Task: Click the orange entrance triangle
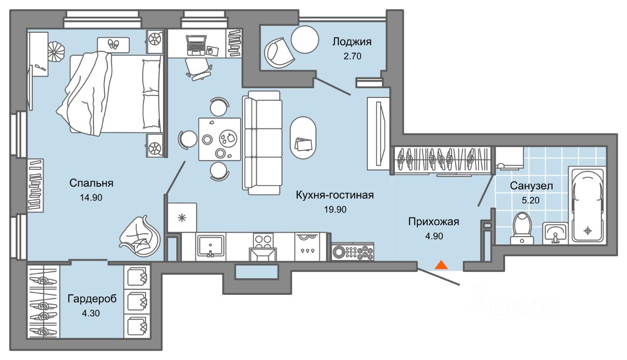441,265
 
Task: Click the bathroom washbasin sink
555,233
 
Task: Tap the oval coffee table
303,138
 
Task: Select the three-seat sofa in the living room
263,143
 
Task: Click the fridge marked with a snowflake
182,217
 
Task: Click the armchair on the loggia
280,53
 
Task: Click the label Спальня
92,183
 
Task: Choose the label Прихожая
434,222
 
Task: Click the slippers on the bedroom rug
114,44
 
